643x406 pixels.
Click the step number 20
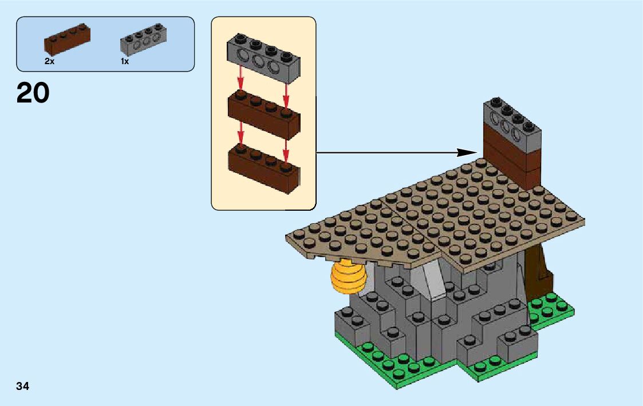point(33,93)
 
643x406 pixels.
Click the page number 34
point(23,386)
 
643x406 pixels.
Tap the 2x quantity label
point(49,61)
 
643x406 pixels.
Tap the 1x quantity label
point(125,61)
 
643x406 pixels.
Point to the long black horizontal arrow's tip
point(475,152)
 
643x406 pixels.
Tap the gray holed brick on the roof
point(512,124)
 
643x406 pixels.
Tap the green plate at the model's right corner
point(553,310)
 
